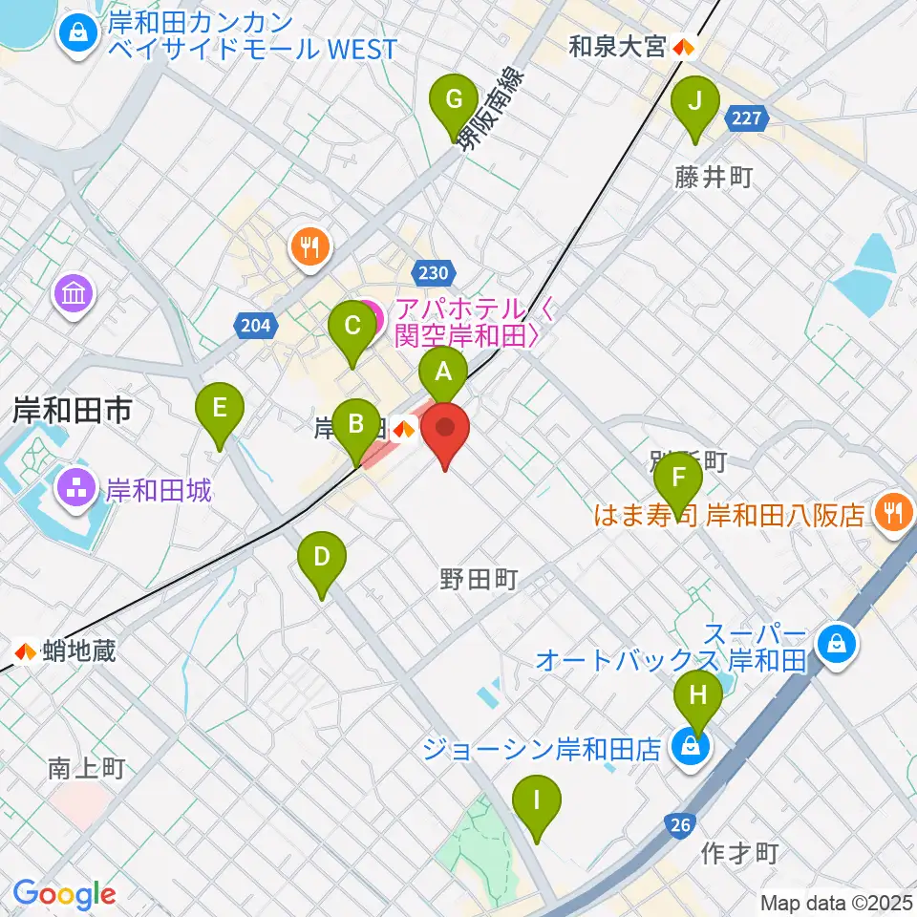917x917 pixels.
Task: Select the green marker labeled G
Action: click(x=456, y=99)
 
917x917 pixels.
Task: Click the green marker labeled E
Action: click(x=220, y=409)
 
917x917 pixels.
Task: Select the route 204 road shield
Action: click(x=255, y=326)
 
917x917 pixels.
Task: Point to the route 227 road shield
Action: click(x=747, y=119)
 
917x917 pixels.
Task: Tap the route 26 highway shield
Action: click(x=679, y=825)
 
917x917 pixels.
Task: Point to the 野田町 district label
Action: click(x=479, y=578)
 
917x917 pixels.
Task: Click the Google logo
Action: click(x=64, y=895)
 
